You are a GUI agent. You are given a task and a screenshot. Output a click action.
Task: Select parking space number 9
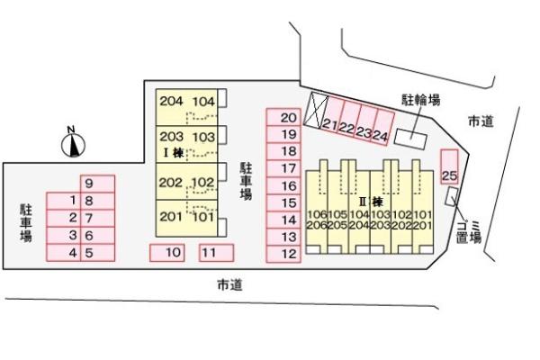click(97, 184)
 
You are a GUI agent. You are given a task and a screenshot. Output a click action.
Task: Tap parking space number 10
click(167, 253)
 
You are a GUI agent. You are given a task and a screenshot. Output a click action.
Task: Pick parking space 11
click(217, 253)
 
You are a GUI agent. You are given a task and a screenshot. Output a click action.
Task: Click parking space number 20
click(283, 117)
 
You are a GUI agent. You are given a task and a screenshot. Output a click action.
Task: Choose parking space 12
click(283, 254)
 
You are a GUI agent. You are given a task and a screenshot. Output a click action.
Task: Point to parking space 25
click(450, 166)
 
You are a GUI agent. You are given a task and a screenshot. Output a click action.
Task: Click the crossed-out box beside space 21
click(316, 110)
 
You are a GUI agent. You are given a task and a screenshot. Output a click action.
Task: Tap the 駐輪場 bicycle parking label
click(421, 100)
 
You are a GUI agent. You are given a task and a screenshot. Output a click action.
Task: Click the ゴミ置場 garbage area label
click(468, 231)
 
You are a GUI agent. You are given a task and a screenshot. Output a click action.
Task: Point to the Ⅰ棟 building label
click(173, 153)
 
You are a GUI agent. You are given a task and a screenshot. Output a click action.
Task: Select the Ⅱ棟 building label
click(371, 202)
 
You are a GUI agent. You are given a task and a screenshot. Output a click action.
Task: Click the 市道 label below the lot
click(229, 285)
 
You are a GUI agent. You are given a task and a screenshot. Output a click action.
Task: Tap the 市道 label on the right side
click(481, 121)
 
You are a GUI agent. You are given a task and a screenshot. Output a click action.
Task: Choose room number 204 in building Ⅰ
click(171, 101)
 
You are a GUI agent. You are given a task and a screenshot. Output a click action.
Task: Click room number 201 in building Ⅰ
click(171, 216)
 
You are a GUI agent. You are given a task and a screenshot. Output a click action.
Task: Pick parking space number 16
click(283, 185)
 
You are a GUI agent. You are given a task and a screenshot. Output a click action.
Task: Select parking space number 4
click(63, 253)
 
